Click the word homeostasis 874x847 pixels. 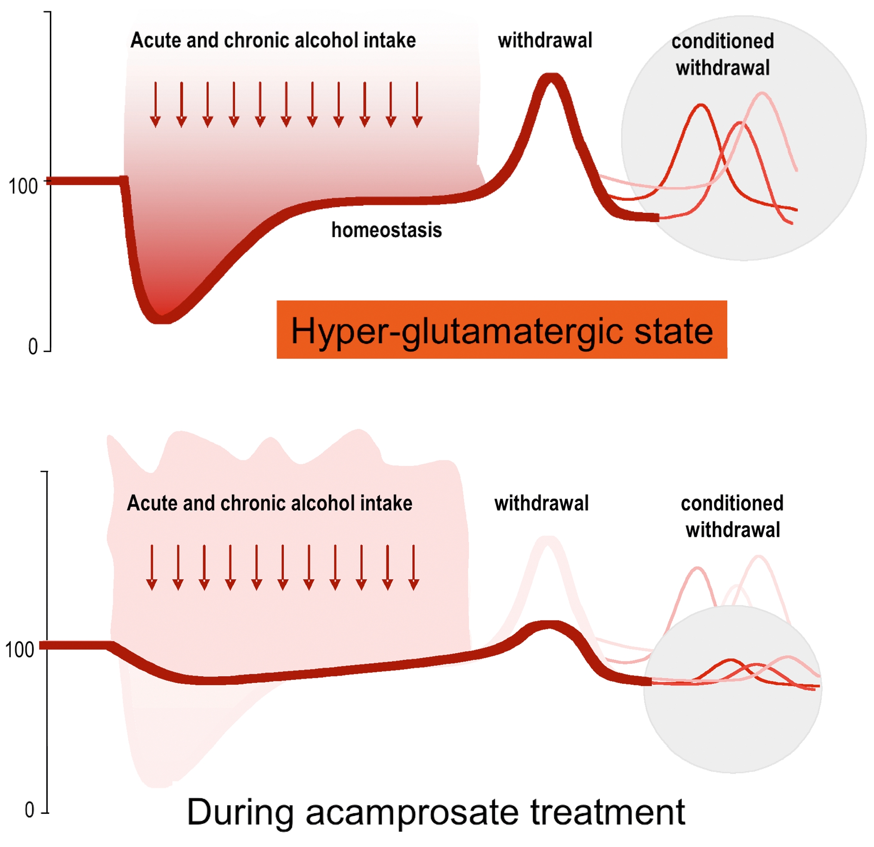(x=386, y=231)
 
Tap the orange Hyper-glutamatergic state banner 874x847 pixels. (x=502, y=330)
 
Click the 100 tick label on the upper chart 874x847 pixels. (x=23, y=186)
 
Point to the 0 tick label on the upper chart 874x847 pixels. (x=33, y=347)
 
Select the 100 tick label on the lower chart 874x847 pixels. (x=20, y=650)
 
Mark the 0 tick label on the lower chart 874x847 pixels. (x=29, y=810)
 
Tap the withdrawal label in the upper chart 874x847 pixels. (x=545, y=40)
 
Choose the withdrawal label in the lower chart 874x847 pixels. (x=541, y=503)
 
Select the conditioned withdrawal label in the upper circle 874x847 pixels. (x=723, y=54)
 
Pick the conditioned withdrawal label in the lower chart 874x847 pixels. (x=732, y=517)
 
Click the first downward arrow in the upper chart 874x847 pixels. (x=155, y=105)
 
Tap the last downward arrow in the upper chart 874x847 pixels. (x=417, y=105)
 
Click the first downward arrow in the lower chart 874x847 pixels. (x=151, y=568)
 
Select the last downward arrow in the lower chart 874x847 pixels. (x=414, y=568)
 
